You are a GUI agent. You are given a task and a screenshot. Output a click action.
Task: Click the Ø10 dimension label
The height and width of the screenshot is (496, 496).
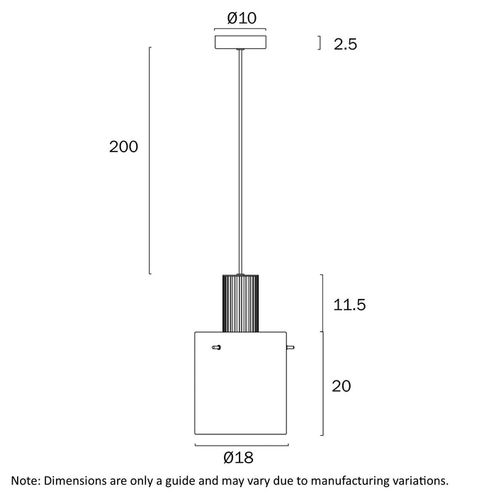pos(242,18)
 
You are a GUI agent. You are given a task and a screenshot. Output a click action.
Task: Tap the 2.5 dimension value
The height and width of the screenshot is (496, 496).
pos(345,44)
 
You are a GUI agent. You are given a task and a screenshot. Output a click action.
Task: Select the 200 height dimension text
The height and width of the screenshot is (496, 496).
pos(123,147)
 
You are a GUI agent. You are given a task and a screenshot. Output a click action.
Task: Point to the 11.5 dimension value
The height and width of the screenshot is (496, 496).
pos(349,305)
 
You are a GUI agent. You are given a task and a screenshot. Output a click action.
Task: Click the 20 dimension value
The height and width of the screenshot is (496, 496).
pos(342,386)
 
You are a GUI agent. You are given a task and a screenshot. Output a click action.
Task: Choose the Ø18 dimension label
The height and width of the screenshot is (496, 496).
pos(238,458)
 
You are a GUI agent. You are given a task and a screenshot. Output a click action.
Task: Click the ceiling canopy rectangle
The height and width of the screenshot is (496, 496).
pos(240,42)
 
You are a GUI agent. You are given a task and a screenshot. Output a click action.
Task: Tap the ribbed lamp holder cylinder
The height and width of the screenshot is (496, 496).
pos(240,303)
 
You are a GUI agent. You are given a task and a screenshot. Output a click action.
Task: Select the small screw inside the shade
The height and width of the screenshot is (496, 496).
pos(216,347)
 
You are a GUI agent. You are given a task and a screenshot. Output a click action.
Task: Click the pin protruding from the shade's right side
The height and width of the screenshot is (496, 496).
pos(291,347)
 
